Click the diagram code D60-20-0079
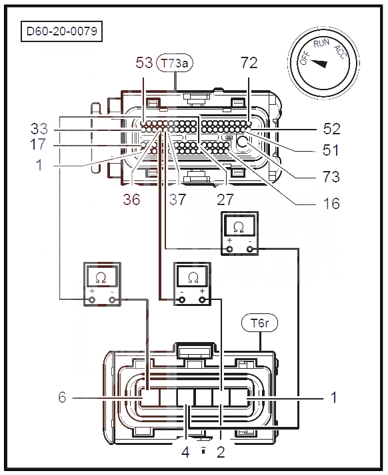pos(64,31)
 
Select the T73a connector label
pos(175,64)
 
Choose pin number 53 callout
pos(143,63)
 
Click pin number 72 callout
pos(249,63)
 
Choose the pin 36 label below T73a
pos(131,200)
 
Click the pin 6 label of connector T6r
pos(61,398)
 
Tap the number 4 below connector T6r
pos(186,452)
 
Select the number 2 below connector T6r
pos(221,452)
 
